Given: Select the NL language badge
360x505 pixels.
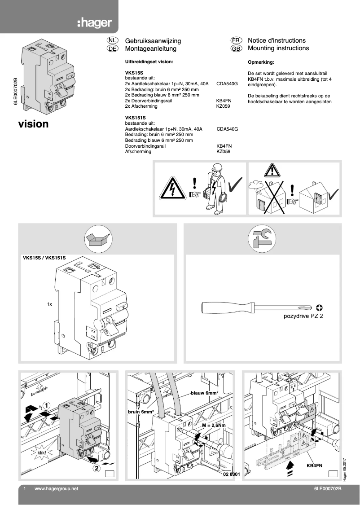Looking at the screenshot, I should [112, 40].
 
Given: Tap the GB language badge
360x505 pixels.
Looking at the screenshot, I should [236, 48].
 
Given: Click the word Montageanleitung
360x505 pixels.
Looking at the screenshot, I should [150, 48].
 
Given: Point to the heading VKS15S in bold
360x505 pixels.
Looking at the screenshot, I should [133, 72].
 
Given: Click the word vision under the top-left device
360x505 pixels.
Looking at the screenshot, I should [33, 124].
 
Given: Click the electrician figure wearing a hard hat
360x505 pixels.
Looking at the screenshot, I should [214, 189].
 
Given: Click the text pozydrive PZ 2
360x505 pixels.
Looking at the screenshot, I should [303, 316].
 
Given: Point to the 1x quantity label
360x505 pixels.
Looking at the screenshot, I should [50, 304].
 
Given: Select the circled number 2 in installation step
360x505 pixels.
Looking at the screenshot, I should [97, 469].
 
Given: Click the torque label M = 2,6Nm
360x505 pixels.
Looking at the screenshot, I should [214, 425].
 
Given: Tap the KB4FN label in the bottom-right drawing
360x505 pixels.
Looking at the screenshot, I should [314, 466].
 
